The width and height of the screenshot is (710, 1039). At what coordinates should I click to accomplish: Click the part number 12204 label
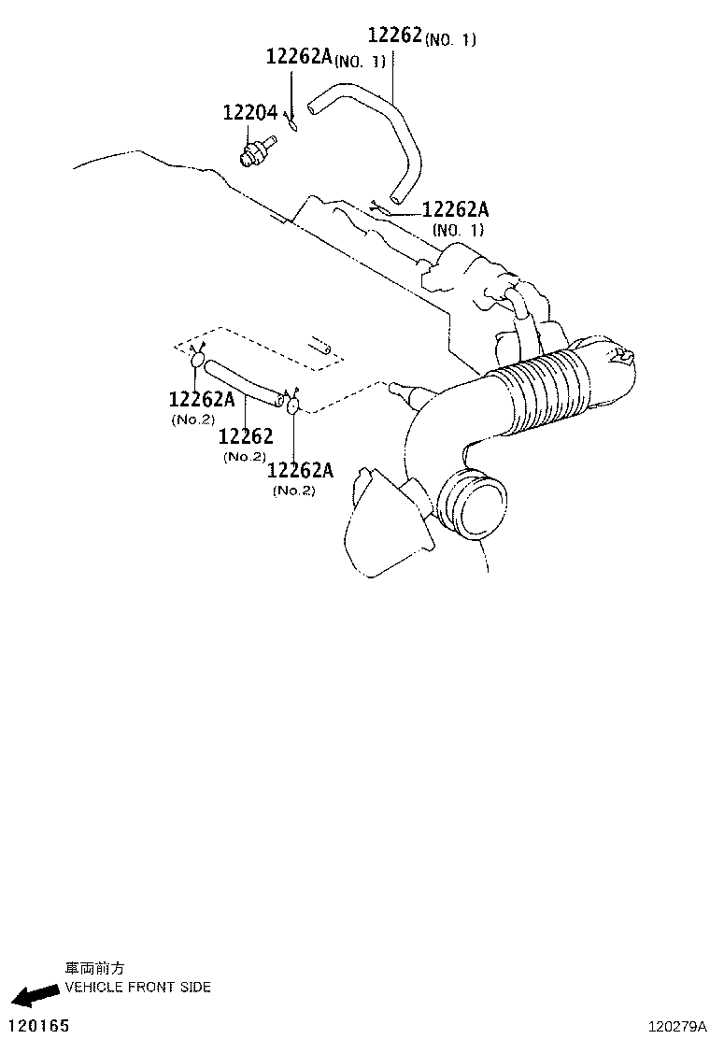(x=249, y=113)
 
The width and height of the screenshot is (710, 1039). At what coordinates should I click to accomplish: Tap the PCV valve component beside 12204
(x=257, y=151)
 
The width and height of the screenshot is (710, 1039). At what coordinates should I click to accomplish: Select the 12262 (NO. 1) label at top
(x=421, y=36)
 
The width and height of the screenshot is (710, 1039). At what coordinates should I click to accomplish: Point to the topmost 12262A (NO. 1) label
(x=325, y=57)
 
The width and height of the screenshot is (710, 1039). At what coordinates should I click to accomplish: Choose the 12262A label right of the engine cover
(x=456, y=219)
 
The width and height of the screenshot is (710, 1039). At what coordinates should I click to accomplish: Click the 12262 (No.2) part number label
(x=245, y=444)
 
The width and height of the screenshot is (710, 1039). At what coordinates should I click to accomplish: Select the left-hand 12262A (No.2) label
(x=202, y=408)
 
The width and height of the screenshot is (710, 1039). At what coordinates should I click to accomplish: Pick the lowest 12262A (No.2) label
(x=300, y=478)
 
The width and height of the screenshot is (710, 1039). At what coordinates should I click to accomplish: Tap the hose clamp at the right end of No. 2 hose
(x=293, y=404)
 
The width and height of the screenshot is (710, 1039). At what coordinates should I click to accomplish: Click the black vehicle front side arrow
(x=35, y=993)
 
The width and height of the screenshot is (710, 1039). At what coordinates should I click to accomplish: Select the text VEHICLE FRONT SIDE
(x=137, y=988)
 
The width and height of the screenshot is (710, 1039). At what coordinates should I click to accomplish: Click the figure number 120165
(x=39, y=1026)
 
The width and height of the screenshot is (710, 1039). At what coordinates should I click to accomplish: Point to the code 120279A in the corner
(x=677, y=1027)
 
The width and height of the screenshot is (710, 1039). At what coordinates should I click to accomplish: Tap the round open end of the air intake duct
(x=472, y=503)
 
